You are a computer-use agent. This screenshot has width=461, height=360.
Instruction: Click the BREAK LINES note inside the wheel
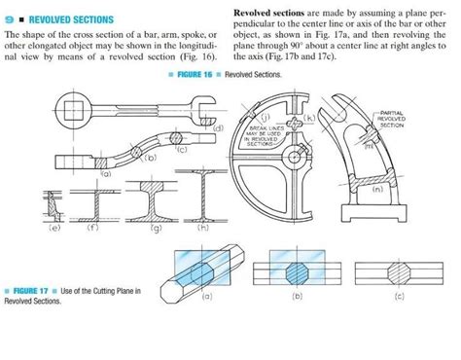click(260, 133)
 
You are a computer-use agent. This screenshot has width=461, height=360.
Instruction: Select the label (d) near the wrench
click(218, 128)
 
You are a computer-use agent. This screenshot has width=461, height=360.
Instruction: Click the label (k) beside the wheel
click(308, 118)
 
